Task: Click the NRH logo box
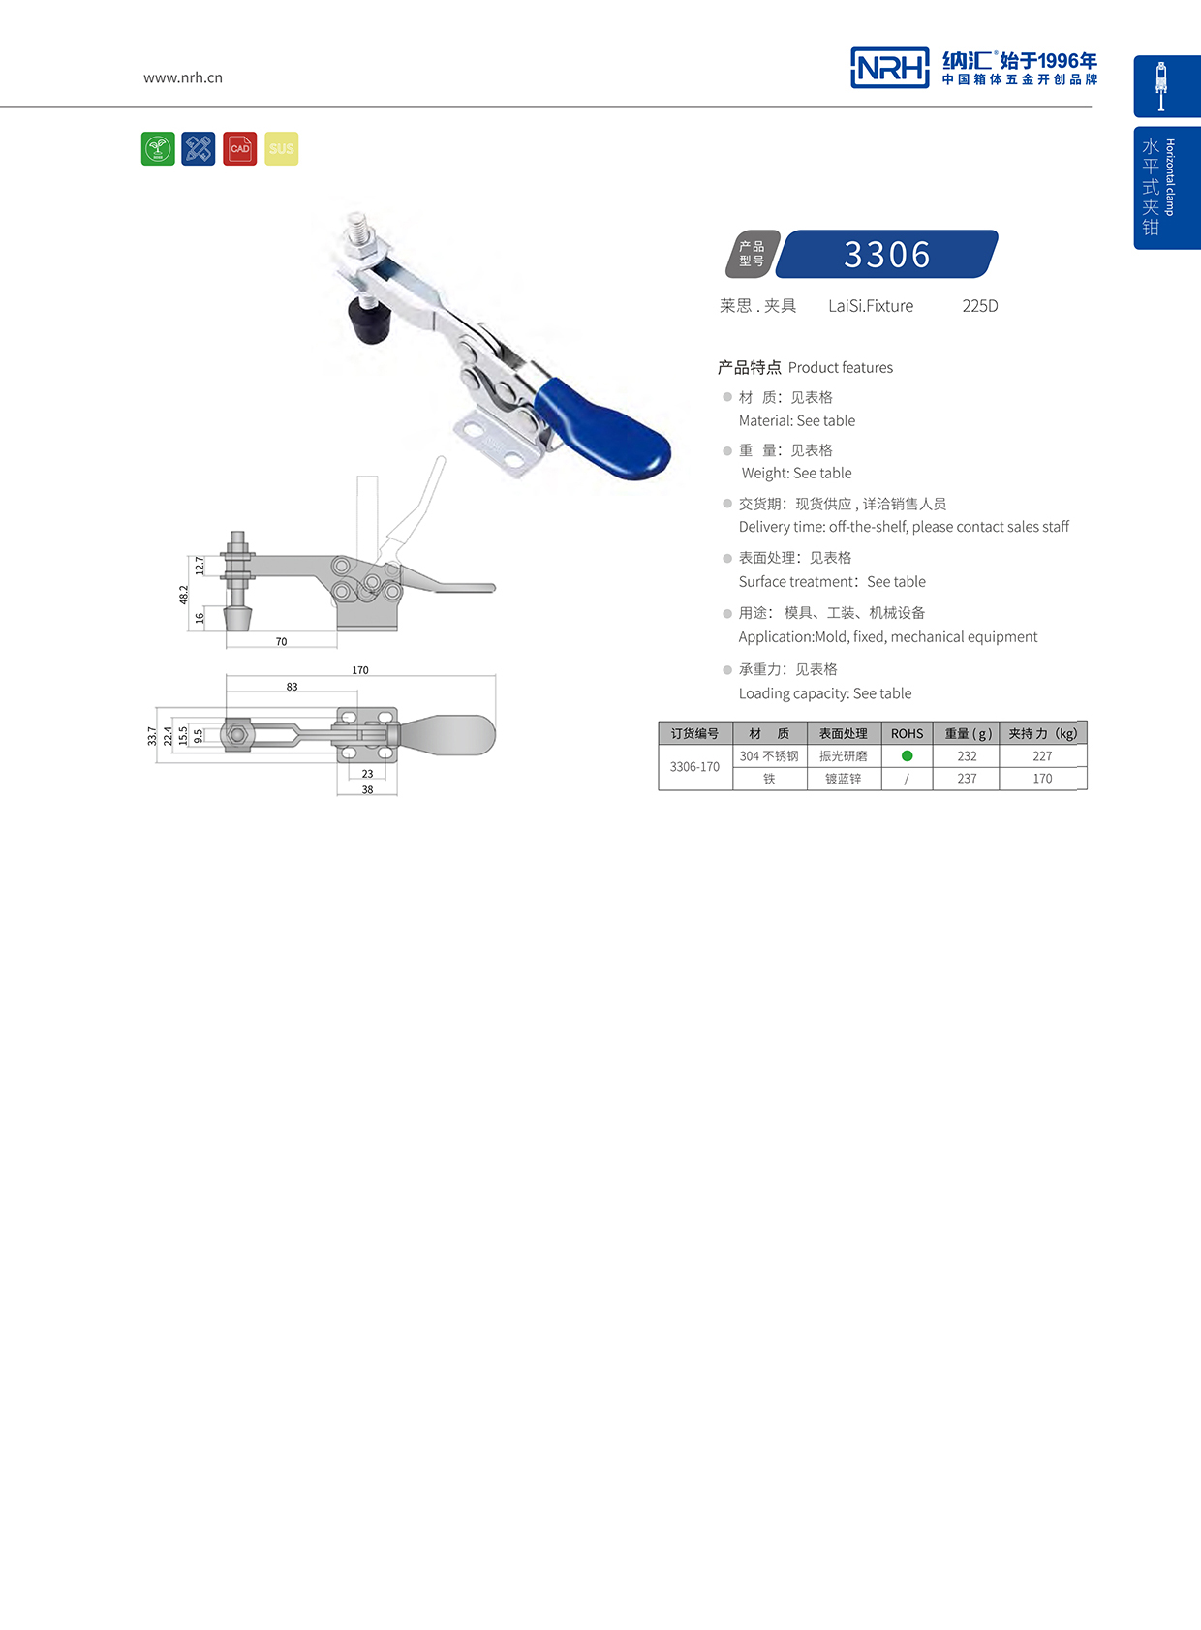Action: click(889, 68)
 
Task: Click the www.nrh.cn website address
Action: click(183, 77)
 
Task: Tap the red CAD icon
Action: click(239, 149)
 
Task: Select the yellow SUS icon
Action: click(282, 149)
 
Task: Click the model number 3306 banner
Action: click(886, 255)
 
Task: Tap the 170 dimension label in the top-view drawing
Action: click(360, 670)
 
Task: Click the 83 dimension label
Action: click(292, 687)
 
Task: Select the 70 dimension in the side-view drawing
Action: click(281, 642)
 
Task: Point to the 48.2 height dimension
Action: click(184, 594)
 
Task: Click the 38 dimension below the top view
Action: click(367, 789)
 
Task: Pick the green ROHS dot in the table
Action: click(907, 755)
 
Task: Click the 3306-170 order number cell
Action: click(694, 767)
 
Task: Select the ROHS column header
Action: click(907, 733)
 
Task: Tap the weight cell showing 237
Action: click(967, 779)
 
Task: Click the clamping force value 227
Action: click(1042, 756)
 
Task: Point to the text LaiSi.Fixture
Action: click(871, 306)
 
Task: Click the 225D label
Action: click(979, 306)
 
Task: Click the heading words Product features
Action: click(840, 368)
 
